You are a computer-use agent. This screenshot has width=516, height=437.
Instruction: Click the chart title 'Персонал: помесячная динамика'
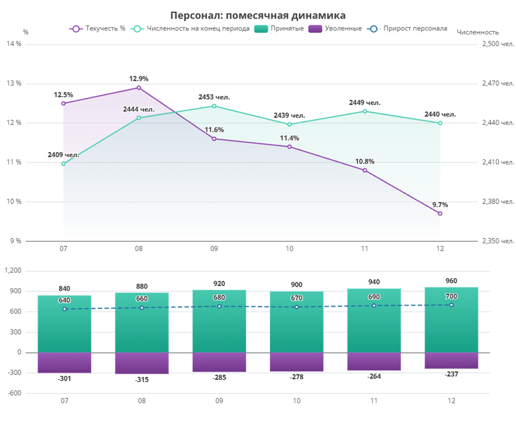pyautogui.click(x=258, y=15)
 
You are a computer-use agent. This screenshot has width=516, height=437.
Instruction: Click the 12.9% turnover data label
pyautogui.click(x=139, y=79)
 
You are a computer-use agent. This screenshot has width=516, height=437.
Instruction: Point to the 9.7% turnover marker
pyautogui.click(x=440, y=213)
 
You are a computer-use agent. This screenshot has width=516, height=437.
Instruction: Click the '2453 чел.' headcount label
pyautogui.click(x=214, y=97)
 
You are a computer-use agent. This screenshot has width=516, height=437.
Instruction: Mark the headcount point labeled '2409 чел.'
pyautogui.click(x=63, y=164)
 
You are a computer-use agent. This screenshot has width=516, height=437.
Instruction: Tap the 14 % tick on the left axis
pyautogui.click(x=14, y=44)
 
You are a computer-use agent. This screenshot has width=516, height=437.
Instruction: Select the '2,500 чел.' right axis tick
pyautogui.click(x=497, y=44)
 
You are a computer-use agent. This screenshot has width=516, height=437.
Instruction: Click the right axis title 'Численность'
pyautogui.click(x=478, y=32)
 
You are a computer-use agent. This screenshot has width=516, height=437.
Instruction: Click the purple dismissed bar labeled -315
pyautogui.click(x=141, y=363)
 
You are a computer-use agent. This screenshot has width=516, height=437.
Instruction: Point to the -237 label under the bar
pyautogui.click(x=451, y=374)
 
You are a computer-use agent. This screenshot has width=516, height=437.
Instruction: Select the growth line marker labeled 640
pyautogui.click(x=65, y=309)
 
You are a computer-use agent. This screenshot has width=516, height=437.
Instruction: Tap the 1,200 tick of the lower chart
pyautogui.click(x=13, y=271)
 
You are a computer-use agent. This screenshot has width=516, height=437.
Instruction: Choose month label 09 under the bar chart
pyautogui.click(x=219, y=402)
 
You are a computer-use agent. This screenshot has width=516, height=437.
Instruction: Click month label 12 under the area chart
pyautogui.click(x=440, y=248)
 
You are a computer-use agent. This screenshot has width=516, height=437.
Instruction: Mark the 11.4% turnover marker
pyautogui.click(x=289, y=147)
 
